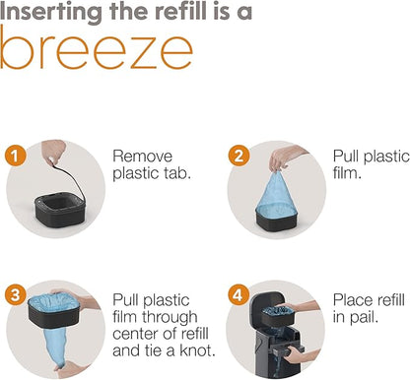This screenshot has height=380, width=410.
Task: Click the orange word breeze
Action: click(96, 48)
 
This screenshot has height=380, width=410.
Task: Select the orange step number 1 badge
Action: click(15, 156)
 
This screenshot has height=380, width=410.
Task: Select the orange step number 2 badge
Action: click(239, 156)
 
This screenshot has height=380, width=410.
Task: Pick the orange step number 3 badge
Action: click(15, 294)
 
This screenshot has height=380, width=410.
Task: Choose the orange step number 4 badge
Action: click(238, 294)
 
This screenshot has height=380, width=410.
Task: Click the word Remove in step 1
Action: click(142, 157)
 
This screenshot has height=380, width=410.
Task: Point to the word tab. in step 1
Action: click(175, 173)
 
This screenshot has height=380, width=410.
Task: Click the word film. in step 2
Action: click(347, 172)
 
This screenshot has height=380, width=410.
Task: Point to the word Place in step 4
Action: click(353, 300)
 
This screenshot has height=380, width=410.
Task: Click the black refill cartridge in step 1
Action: click(60, 210)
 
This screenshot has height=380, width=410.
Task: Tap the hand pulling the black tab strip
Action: click(53, 152)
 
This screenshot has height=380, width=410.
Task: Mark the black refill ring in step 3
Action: click(54, 311)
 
